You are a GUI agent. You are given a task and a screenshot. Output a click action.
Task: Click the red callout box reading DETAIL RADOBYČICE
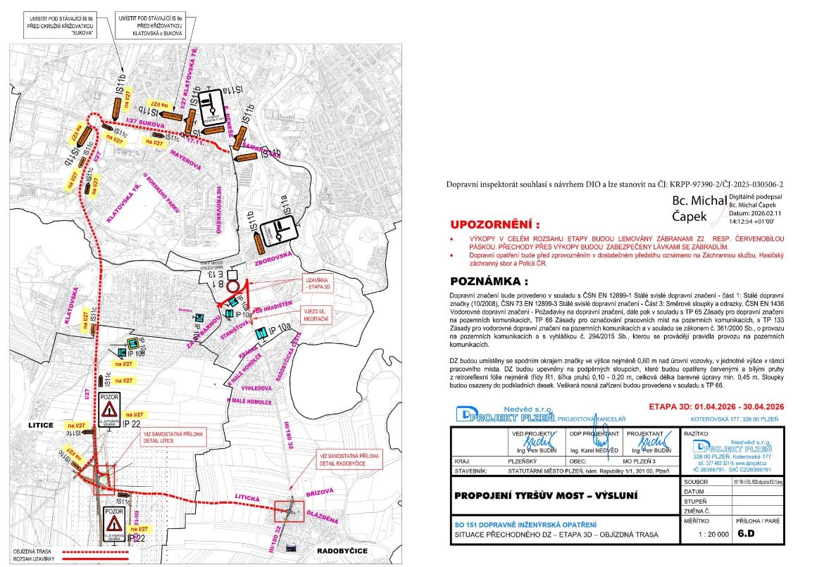(349, 457)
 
